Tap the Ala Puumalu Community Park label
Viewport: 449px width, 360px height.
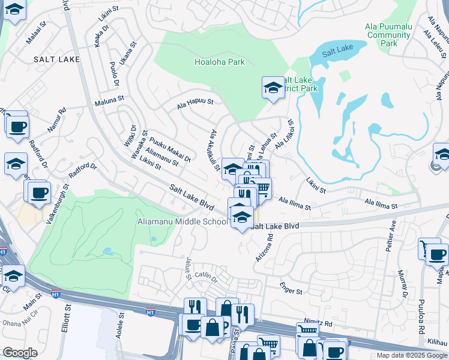389,35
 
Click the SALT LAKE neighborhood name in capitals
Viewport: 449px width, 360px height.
56,59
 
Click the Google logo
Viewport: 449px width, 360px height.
20,352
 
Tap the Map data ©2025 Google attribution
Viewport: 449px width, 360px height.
412,355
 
